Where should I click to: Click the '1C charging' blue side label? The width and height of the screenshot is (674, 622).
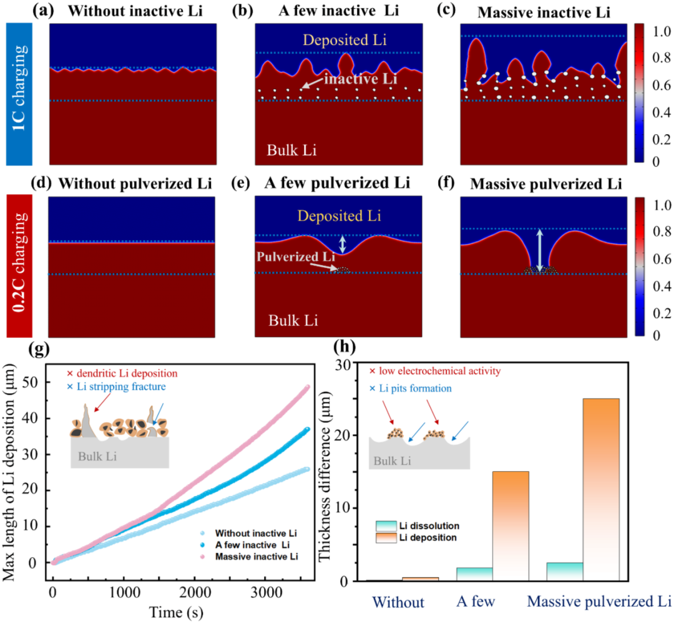(19, 94)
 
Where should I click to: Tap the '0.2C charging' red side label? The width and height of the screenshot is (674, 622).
(19, 266)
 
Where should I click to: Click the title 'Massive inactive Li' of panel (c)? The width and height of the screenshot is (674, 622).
(544, 12)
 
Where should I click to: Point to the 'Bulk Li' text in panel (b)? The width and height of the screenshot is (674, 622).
(291, 150)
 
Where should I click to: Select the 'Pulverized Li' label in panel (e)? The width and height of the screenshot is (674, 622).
(296, 256)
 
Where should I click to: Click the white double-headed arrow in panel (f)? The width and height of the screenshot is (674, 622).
(540, 251)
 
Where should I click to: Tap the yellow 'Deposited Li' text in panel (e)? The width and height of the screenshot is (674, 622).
(339, 215)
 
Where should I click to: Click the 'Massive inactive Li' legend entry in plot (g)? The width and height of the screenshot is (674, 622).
(256, 556)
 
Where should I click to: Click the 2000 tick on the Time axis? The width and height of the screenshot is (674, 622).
(195, 593)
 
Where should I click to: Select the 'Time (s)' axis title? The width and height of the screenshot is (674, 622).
(176, 612)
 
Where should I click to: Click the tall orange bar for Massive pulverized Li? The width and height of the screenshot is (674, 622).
(601, 490)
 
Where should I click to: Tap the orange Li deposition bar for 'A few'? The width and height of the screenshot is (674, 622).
(510, 526)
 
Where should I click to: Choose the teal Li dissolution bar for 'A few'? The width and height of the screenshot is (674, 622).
(474, 575)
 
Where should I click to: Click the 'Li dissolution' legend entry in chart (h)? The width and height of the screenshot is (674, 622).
(418, 526)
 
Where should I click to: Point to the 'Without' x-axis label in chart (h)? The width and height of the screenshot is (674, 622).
(398, 602)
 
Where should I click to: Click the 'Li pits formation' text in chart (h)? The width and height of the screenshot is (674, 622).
(411, 389)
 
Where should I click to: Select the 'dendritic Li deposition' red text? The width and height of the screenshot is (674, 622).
(122, 373)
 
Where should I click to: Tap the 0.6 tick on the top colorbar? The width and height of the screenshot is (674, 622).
(661, 85)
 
